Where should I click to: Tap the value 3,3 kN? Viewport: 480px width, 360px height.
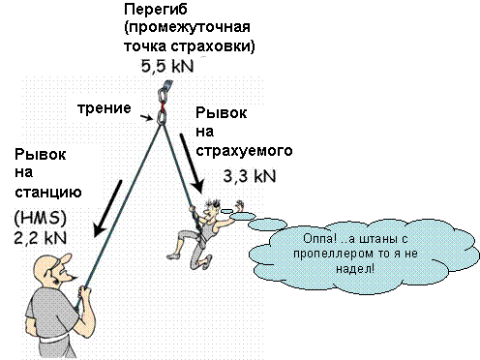pos(248,177)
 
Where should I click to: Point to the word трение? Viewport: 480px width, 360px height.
pos(104,107)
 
